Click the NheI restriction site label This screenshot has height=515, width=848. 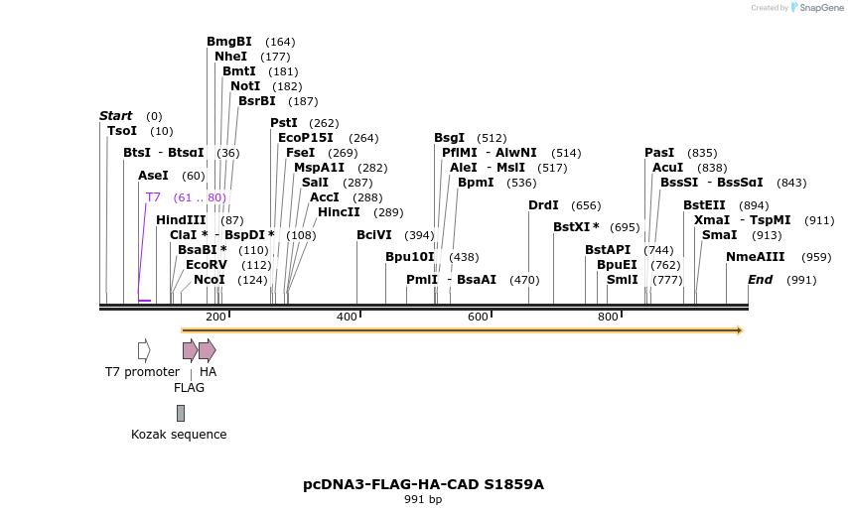click(230, 57)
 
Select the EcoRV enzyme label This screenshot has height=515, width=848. click(207, 265)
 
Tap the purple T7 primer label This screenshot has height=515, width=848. click(153, 197)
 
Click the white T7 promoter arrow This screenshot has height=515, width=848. click(144, 349)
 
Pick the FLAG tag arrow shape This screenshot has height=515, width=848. click(190, 349)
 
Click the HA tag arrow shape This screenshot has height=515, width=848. click(207, 349)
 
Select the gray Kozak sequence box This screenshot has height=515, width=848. click(180, 413)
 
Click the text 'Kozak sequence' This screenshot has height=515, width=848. click(179, 435)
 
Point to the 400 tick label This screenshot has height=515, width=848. click(347, 317)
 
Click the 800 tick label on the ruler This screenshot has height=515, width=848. click(608, 317)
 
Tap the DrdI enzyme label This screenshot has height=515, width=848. click(543, 205)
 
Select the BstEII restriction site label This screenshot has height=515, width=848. click(704, 205)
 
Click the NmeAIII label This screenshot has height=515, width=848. click(755, 257)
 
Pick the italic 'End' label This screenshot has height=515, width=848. click(760, 280)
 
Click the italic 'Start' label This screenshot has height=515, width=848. click(115, 116)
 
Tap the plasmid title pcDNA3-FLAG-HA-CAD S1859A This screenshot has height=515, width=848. click(423, 484)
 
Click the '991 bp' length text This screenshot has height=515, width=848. click(423, 500)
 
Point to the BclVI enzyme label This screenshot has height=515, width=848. click(374, 235)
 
